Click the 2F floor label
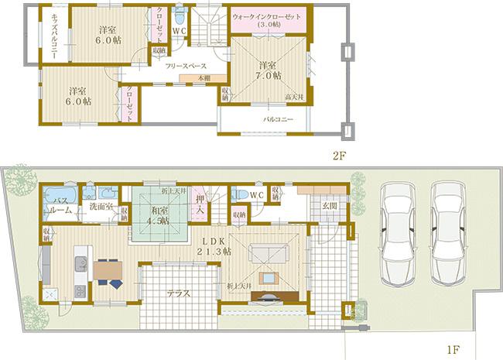coord(338,155)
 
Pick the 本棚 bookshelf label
coord(202,78)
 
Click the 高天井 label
coord(295,98)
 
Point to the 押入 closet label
coord(200,205)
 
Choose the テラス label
coord(180,294)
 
